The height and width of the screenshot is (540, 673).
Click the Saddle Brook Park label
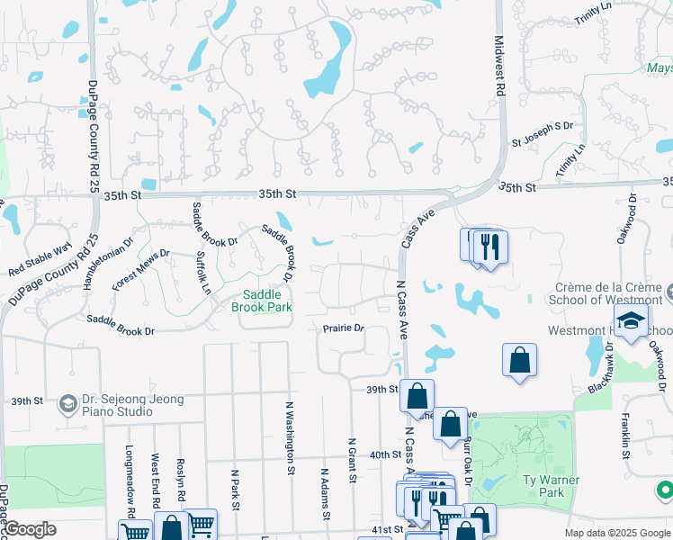(x=262, y=301)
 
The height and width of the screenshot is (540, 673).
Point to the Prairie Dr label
(x=343, y=328)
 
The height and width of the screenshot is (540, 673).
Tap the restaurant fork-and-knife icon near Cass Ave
(x=489, y=247)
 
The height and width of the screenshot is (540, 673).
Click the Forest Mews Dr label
(x=140, y=270)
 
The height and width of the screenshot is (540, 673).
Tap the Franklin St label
(x=623, y=436)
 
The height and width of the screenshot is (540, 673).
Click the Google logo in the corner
(x=30, y=529)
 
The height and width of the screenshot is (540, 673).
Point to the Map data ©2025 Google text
(x=616, y=533)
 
